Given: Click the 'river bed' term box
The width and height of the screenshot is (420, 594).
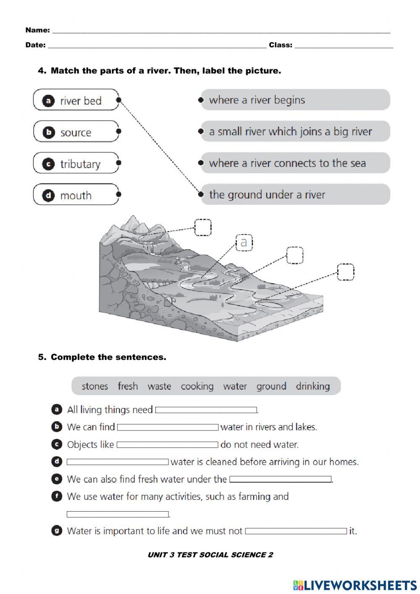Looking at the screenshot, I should pos(76,100).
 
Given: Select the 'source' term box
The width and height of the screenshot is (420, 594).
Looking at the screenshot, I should pos(76,132).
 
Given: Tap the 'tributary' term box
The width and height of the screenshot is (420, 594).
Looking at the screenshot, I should pos(76,164).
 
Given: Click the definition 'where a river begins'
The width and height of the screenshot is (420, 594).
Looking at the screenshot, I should pos(295,100).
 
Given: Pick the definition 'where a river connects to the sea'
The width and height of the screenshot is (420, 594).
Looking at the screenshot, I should pos(295,163).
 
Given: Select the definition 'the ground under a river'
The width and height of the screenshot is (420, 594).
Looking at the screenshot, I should pos(295,195).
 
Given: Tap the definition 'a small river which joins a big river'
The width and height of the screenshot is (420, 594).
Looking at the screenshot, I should pos(295,132).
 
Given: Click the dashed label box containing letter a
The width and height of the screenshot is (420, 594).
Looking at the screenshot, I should pos(244,243).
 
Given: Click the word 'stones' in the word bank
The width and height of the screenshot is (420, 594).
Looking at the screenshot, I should pos(94,386).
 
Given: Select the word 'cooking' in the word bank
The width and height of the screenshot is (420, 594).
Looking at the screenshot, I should pos(197,386).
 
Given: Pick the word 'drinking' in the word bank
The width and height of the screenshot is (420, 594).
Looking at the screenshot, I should pos(313,386).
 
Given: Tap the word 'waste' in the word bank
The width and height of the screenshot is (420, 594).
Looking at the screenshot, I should pos(159,386).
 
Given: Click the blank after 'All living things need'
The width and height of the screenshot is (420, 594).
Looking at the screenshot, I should pos(206,410).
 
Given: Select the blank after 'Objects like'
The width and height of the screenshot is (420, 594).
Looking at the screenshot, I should pos(168,445).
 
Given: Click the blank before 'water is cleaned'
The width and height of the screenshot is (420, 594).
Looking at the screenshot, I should pos(118,462).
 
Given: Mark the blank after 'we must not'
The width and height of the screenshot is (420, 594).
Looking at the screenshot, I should pos(296,531).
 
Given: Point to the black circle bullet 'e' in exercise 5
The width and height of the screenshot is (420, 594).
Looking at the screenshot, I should pos(56,479).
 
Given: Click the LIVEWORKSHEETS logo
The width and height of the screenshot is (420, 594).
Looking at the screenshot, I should pos(355,585).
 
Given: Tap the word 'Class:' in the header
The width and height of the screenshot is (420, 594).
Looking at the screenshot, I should pos(281,45).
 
